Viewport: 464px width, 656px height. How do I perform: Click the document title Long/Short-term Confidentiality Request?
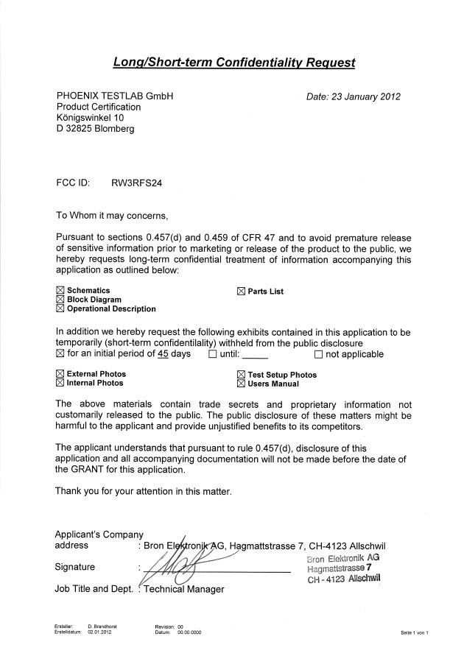pos(234,63)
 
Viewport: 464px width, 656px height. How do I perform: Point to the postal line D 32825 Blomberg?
pos(96,129)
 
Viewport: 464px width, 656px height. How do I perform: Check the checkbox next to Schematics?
pos(60,292)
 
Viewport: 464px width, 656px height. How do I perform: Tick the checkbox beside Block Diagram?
pos(60,300)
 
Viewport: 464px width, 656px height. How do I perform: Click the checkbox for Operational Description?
pos(60,309)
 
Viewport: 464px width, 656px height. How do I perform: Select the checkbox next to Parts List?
pos(241,292)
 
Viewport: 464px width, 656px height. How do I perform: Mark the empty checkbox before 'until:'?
pos(213,354)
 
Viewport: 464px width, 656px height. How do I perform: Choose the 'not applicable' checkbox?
pos(319,354)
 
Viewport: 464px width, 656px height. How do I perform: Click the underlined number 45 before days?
pos(163,353)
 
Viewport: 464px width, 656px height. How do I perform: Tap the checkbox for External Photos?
pos(60,375)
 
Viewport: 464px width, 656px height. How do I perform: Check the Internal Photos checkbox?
pos(60,384)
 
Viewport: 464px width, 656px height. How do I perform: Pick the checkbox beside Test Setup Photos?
pos(241,375)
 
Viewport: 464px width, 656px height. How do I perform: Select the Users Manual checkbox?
pos(241,384)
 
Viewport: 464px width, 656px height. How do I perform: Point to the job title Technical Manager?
pos(183,589)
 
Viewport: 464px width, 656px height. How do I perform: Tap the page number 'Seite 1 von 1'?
pos(415,632)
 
